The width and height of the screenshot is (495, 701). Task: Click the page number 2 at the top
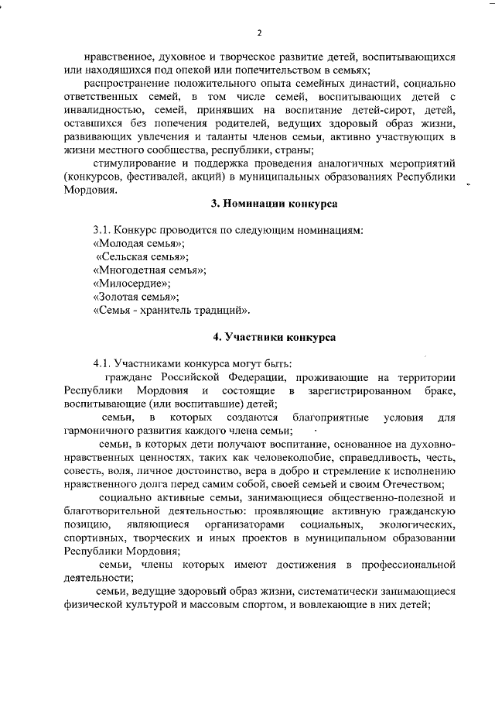(260, 33)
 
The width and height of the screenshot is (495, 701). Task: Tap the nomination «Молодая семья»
(131, 242)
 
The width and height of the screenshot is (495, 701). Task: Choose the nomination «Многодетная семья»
(148, 270)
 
